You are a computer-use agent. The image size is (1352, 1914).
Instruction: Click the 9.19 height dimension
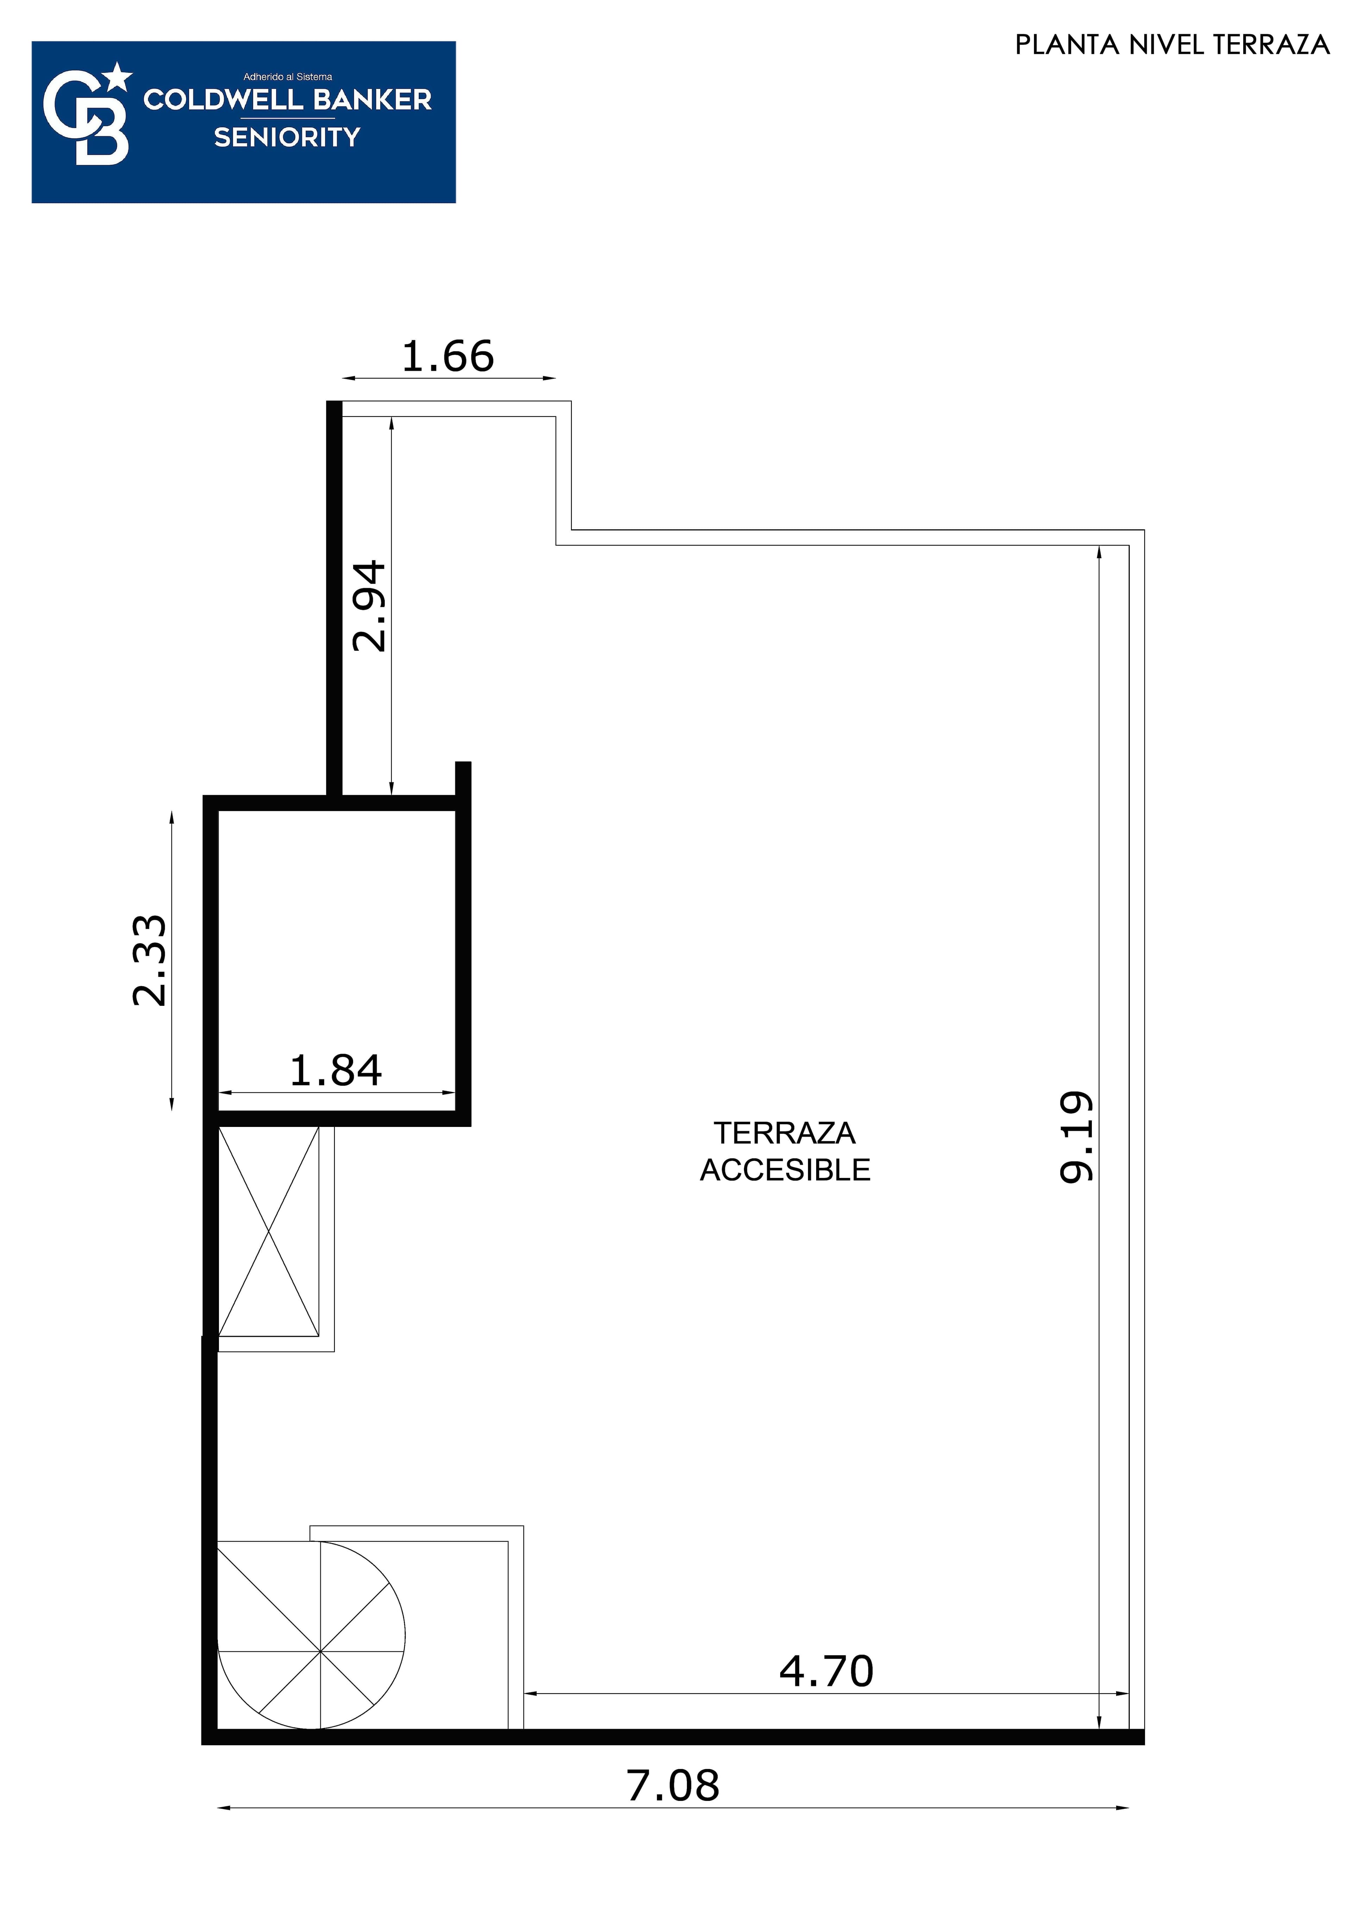click(1076, 1137)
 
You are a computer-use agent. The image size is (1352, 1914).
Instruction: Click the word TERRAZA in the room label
click(784, 1133)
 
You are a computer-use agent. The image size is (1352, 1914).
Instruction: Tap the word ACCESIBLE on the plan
click(784, 1170)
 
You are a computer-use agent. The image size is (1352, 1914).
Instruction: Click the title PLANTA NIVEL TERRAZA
click(1172, 45)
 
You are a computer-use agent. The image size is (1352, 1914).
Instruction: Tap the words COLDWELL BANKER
click(288, 100)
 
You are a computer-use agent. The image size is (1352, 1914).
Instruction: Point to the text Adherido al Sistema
click(288, 77)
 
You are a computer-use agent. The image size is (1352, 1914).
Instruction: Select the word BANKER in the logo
click(373, 100)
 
